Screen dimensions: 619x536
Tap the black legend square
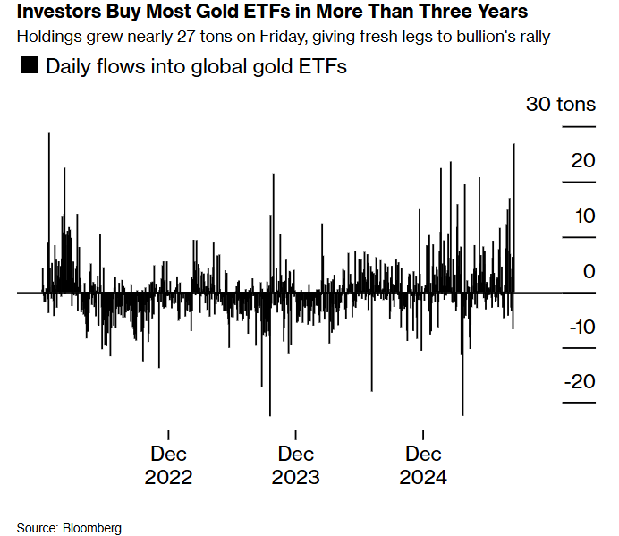point(29,65)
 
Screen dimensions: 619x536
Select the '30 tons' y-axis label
point(561,104)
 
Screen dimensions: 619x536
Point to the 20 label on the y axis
point(583,161)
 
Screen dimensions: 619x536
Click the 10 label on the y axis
point(585,216)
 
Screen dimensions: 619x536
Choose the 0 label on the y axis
point(589,271)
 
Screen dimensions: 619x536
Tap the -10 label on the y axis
point(582,327)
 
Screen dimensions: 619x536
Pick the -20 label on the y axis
point(580,381)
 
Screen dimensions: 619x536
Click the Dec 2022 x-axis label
point(168,465)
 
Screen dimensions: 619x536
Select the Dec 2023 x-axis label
point(296,465)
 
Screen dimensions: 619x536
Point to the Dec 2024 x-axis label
point(423,465)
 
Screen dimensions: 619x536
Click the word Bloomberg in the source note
point(92,528)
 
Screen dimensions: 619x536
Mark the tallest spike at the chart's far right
point(514,218)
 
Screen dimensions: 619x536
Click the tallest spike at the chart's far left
point(49,213)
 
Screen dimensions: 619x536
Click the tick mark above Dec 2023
point(296,435)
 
